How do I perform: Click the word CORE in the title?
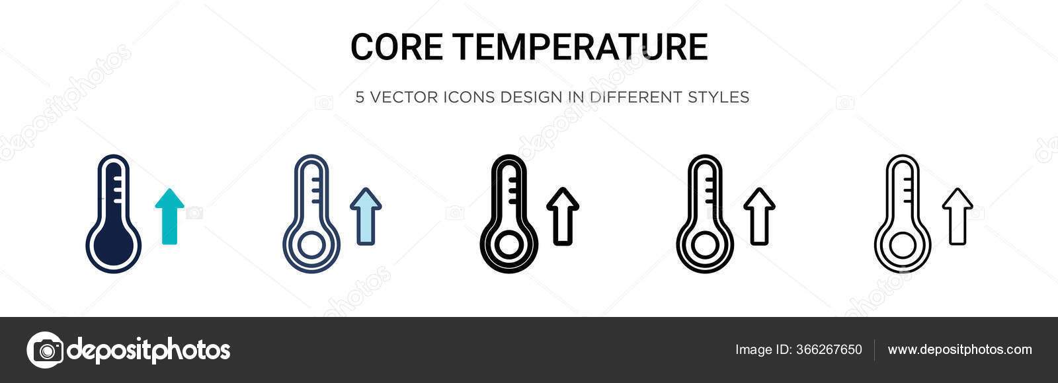[x=396, y=47]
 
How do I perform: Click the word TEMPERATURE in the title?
[x=581, y=47]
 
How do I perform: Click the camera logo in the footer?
[x=45, y=350]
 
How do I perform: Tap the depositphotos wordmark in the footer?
[x=149, y=350]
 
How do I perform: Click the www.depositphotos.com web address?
[x=959, y=350]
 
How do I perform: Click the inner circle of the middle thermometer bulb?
[x=508, y=246]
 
